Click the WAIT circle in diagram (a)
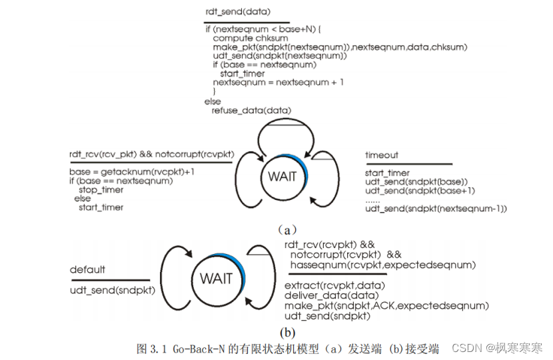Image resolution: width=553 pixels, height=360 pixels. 282,177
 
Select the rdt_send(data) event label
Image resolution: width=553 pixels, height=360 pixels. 238,13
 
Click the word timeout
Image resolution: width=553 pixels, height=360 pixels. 382,155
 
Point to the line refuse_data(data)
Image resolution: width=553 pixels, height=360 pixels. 251,110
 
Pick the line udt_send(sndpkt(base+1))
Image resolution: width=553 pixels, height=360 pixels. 420,191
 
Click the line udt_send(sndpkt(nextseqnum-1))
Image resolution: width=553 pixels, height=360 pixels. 436,209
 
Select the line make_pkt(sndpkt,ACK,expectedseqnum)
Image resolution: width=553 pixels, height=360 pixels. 386,305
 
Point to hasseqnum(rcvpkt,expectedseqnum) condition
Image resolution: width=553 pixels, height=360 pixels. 382,265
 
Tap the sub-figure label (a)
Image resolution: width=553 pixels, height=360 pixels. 286,229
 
